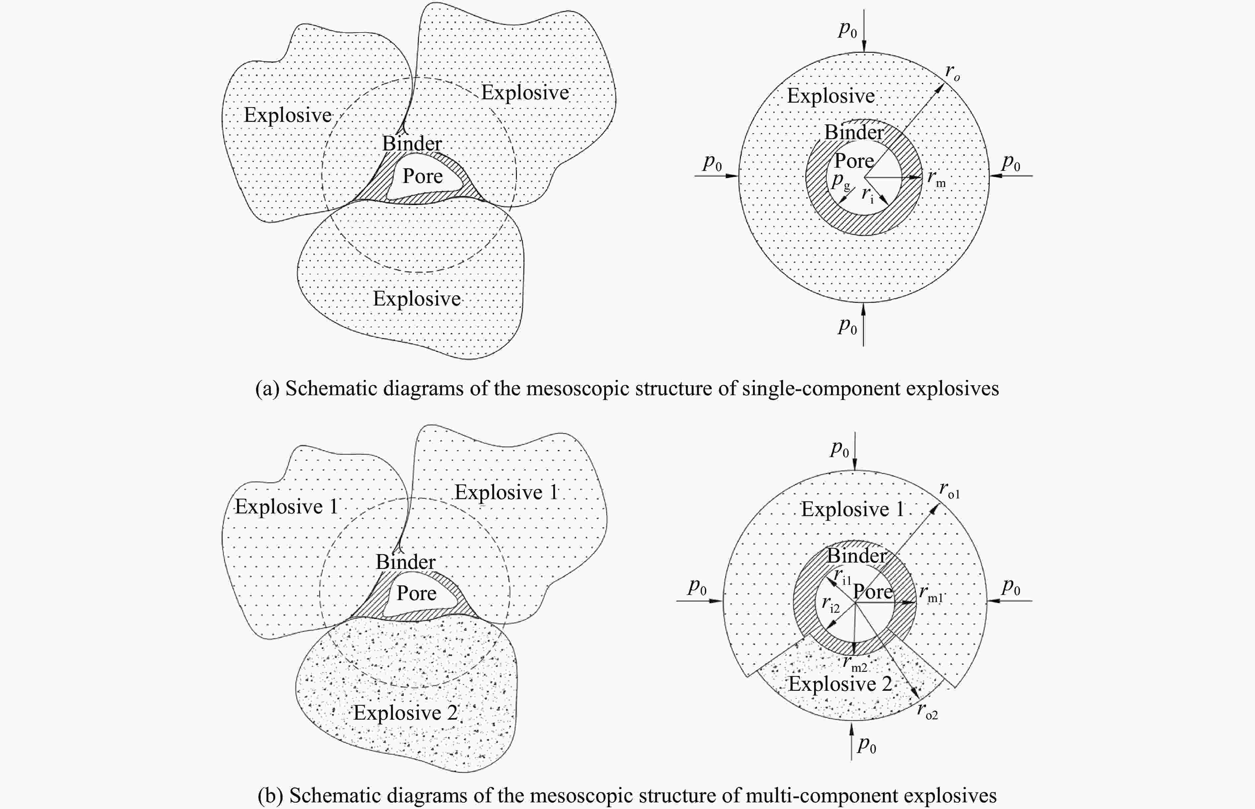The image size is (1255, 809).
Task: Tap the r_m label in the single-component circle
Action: point(936,179)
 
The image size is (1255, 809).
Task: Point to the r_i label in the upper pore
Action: point(868,194)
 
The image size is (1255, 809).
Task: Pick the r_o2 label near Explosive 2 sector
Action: point(927,711)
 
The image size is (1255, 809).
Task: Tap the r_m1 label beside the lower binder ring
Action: point(931,593)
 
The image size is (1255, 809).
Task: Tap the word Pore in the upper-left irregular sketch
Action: point(422,176)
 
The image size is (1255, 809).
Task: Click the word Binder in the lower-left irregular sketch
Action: point(405,562)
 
